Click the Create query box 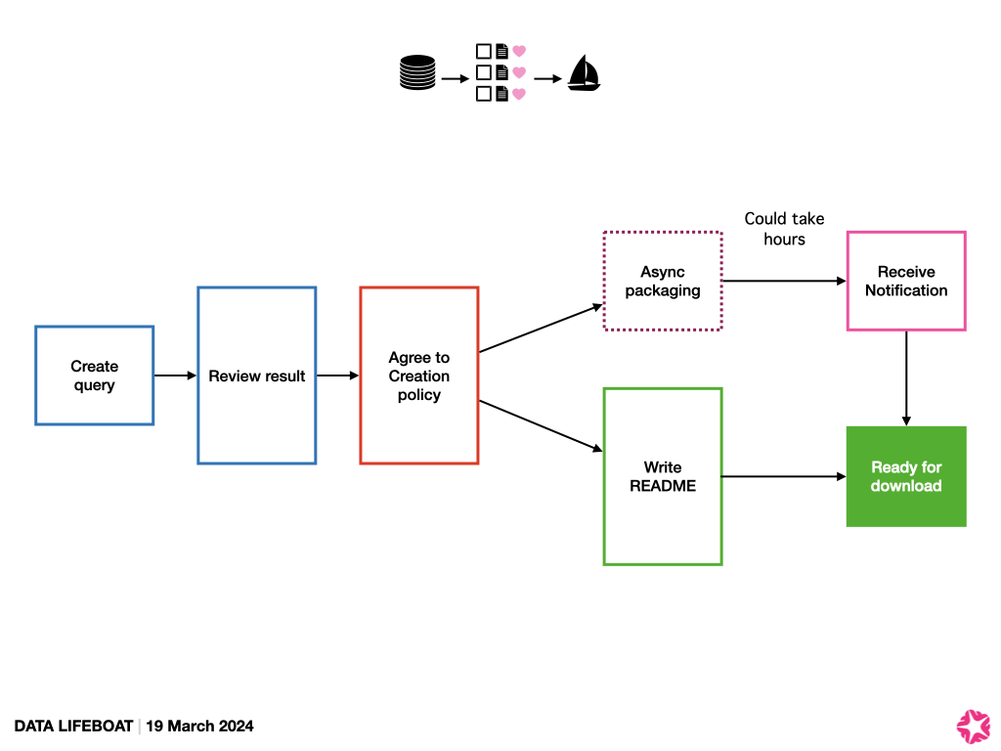point(94,375)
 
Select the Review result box point(256,375)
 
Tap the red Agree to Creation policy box point(418,375)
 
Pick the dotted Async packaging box point(663,282)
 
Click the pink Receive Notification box point(905,282)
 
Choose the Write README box point(663,476)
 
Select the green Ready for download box point(905,476)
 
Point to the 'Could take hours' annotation point(784,229)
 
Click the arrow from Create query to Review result point(175,375)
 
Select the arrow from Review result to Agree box point(337,375)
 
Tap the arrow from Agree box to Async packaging point(541,329)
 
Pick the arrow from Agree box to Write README point(541,425)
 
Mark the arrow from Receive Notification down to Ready point(906,377)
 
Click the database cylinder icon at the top point(417,74)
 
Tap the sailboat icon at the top point(584,73)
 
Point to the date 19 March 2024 point(200,726)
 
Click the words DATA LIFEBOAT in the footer point(73,726)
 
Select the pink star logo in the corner point(973,724)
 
